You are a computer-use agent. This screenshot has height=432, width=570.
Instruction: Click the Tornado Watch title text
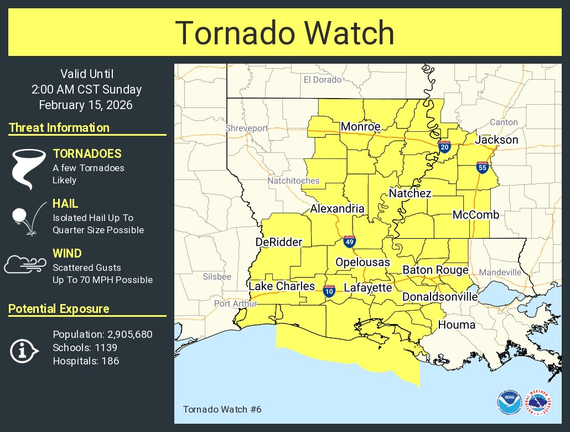284,33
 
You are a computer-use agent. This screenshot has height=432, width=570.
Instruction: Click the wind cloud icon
24,265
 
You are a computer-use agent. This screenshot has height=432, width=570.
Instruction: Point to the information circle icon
24,351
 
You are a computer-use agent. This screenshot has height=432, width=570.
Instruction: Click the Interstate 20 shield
444,146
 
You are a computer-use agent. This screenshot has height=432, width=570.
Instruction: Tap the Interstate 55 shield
481,167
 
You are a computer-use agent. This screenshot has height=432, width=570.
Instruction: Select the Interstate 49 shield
349,241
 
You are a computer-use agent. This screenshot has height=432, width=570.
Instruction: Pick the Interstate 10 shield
329,291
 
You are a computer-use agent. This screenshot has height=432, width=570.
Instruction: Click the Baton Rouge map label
435,270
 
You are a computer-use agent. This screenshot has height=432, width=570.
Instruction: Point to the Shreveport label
246,128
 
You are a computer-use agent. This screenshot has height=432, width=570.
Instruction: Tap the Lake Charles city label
281,286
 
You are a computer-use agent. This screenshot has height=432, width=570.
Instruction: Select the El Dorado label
323,80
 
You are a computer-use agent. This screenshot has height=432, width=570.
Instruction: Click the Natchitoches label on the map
293,181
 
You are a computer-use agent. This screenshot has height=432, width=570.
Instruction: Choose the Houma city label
457,325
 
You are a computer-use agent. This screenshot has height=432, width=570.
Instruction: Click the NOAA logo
508,403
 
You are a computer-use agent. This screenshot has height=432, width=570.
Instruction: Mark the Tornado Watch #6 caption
221,409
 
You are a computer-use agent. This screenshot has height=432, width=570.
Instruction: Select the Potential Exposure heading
59,309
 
